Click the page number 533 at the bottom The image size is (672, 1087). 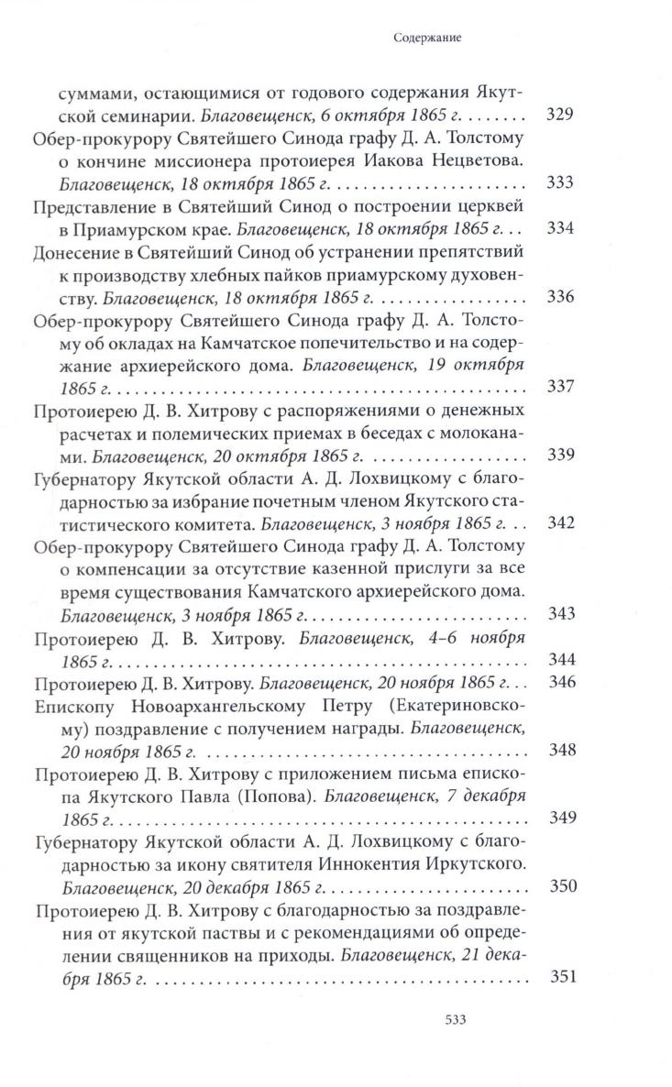coord(457,1046)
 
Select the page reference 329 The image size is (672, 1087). coord(559,116)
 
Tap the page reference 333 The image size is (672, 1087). coord(559,182)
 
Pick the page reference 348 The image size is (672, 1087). coord(559,750)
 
